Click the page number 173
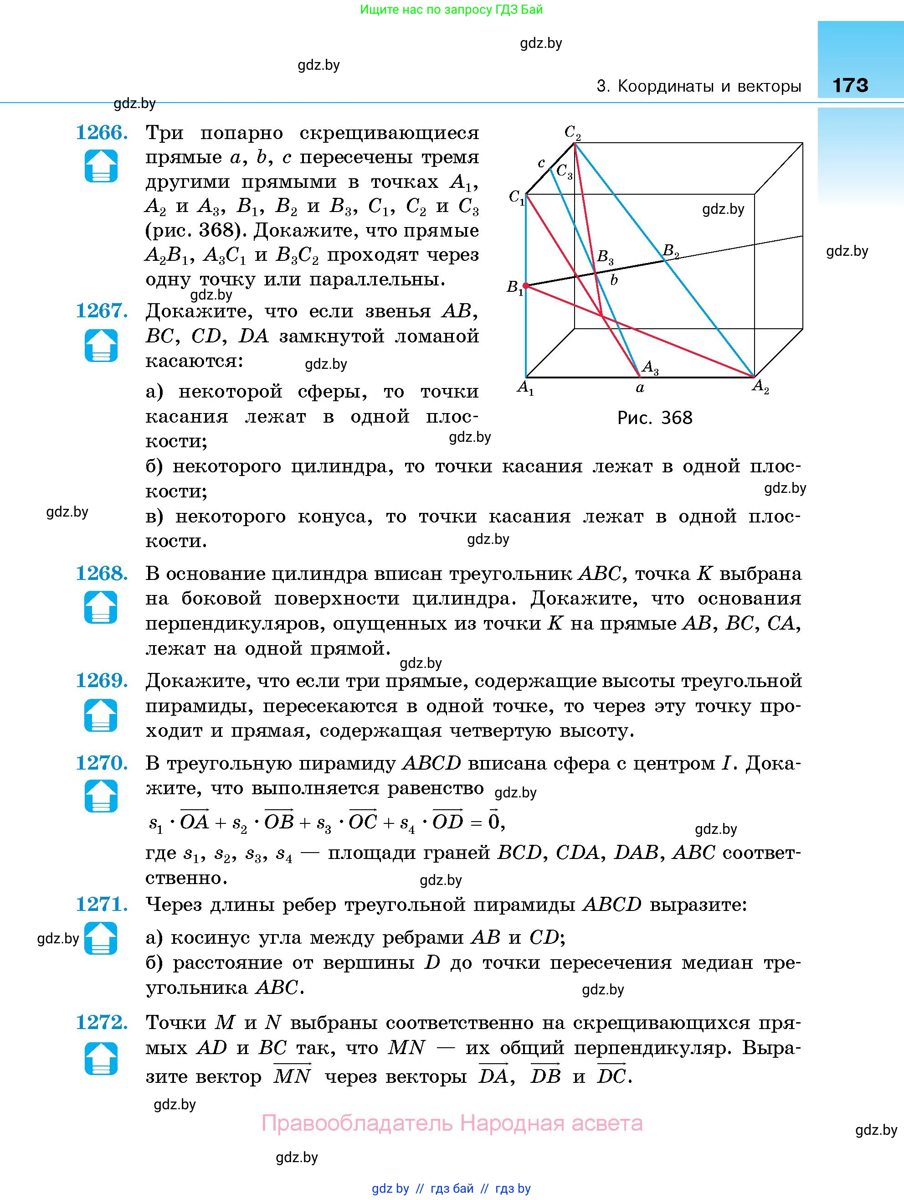pos(850,85)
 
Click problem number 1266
pos(102,132)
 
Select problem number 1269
pos(102,680)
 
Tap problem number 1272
pos(102,1022)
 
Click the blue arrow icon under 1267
pos(101,345)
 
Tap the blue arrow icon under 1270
pos(101,796)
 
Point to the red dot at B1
pos(525,285)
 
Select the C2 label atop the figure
pos(573,132)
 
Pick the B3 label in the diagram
pos(605,257)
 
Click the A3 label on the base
pos(650,368)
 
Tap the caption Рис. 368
pos(655,418)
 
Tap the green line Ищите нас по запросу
pos(451,10)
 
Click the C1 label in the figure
pos(516,197)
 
